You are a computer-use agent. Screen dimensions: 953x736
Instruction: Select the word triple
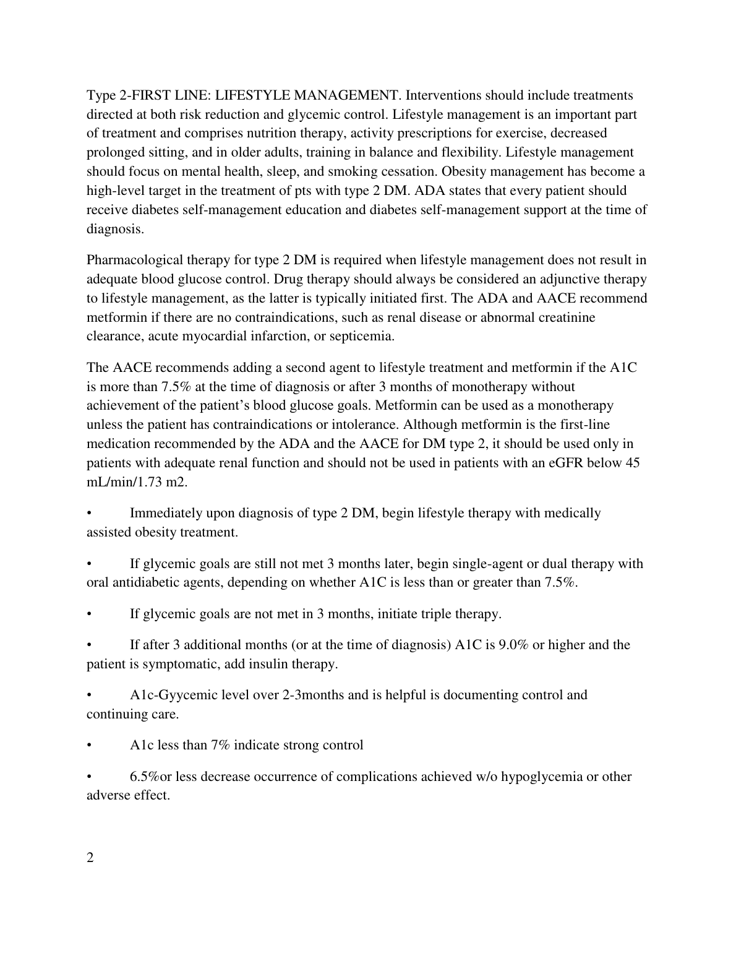pyautogui.click(x=435, y=614)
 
